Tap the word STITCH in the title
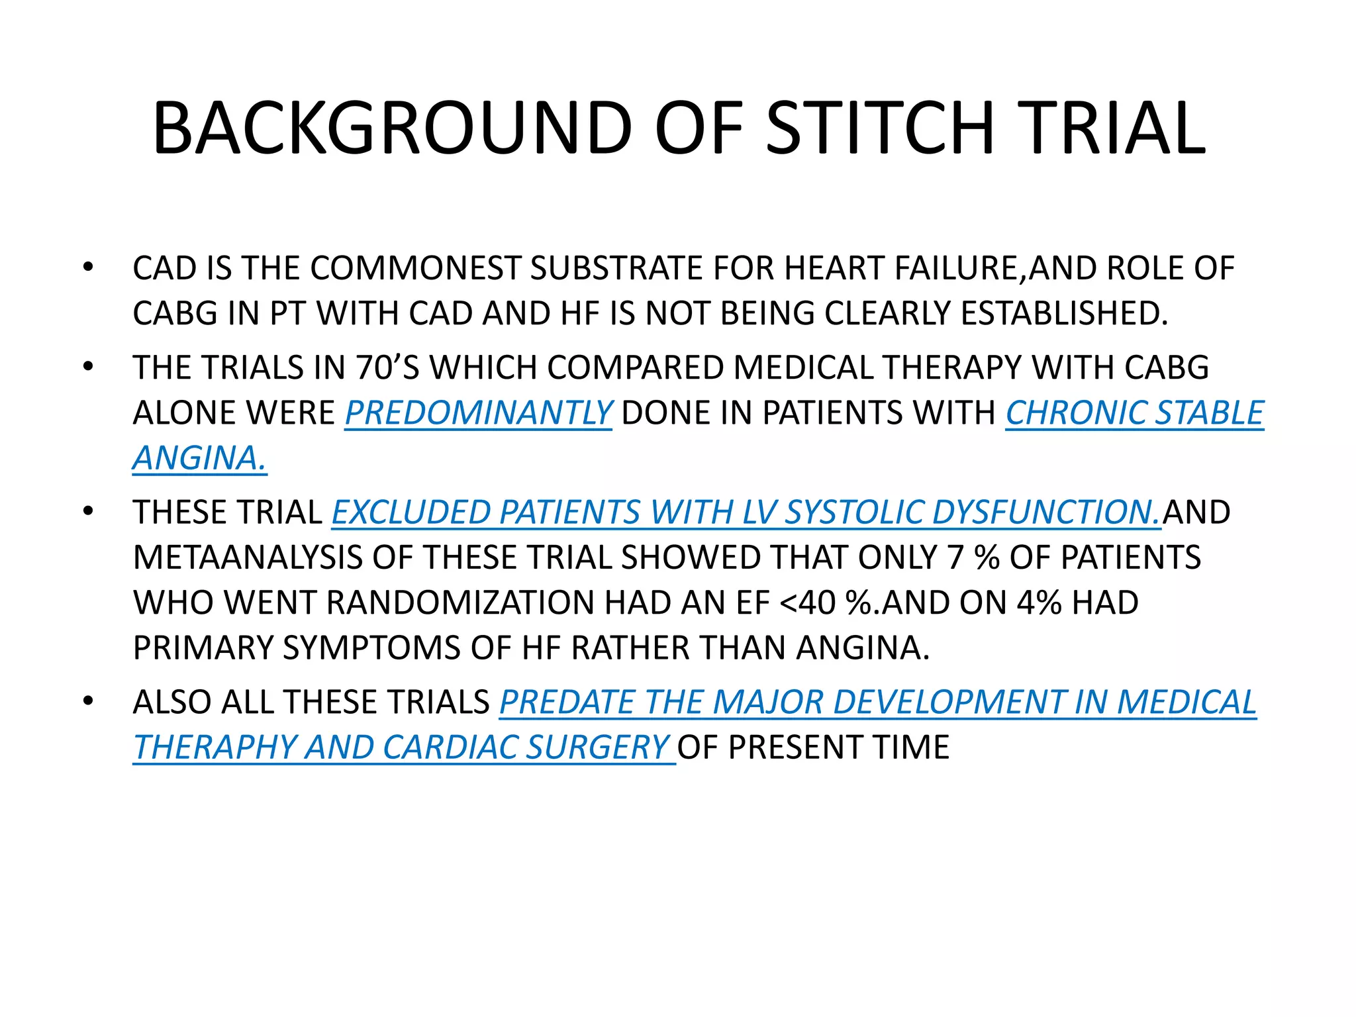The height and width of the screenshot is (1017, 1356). [881, 128]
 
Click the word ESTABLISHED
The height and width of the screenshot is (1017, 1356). [1064, 313]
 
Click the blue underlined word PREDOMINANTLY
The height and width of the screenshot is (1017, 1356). [478, 412]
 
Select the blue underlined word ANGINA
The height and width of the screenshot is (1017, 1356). [199, 458]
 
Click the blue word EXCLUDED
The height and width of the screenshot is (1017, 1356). [411, 512]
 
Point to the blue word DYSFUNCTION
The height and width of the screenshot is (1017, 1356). [1046, 512]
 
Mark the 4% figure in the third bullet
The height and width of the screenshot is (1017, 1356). [1040, 603]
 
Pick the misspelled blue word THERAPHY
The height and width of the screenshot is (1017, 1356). [214, 747]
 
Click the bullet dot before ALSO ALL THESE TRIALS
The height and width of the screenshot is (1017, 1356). [88, 701]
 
